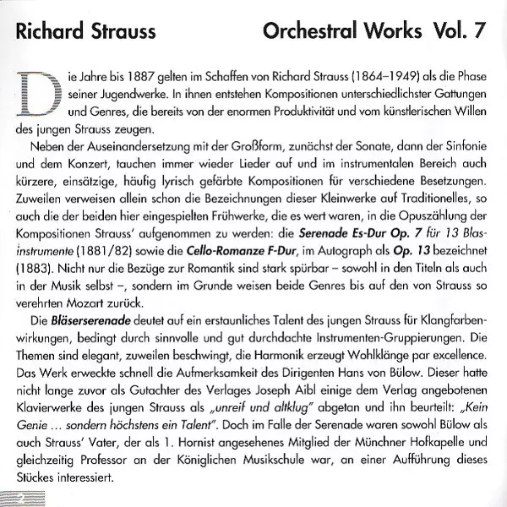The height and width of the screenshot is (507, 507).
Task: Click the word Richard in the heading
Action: [46, 32]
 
